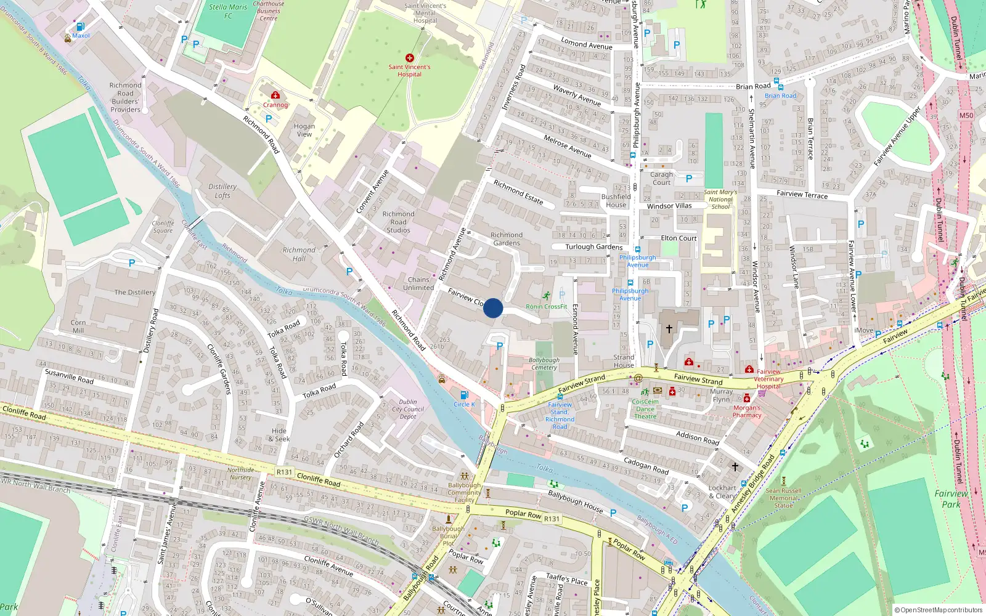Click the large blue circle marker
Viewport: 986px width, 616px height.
pyautogui.click(x=493, y=308)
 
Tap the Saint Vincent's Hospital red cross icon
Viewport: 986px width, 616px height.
pyautogui.click(x=409, y=58)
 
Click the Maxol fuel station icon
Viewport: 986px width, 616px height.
pyautogui.click(x=80, y=26)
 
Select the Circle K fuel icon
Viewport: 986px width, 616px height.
pyautogui.click(x=464, y=395)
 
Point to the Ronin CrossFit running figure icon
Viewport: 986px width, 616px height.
pyautogui.click(x=547, y=296)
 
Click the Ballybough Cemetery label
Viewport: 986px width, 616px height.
pyautogui.click(x=544, y=363)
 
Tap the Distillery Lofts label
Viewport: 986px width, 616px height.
pyautogui.click(x=222, y=191)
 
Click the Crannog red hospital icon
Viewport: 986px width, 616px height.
pyautogui.click(x=275, y=95)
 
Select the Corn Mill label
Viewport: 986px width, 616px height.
pyautogui.click(x=78, y=326)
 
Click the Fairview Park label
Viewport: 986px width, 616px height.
pyautogui.click(x=951, y=498)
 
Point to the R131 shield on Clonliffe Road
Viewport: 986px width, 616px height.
pyautogui.click(x=284, y=472)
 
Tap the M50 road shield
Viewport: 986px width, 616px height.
pyautogui.click(x=966, y=115)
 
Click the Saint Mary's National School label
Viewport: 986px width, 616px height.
pyautogui.click(x=720, y=200)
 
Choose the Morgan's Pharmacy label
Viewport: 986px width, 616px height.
pyautogui.click(x=747, y=411)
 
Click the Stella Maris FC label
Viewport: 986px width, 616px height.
pyautogui.click(x=228, y=11)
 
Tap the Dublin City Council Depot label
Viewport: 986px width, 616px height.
pyautogui.click(x=408, y=409)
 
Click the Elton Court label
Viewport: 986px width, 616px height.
pyautogui.click(x=678, y=238)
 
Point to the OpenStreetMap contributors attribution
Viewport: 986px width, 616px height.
pyautogui.click(x=939, y=610)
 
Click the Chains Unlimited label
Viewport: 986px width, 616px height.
pyautogui.click(x=418, y=283)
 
